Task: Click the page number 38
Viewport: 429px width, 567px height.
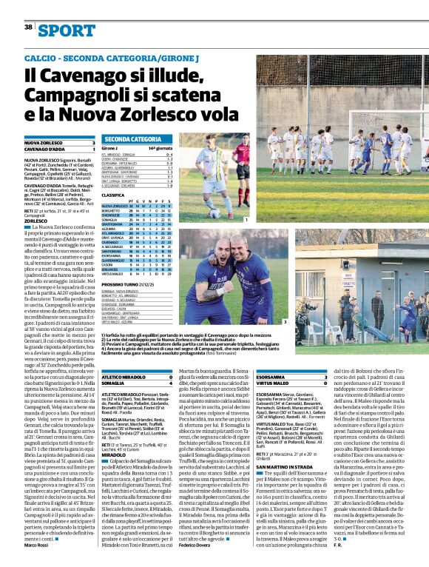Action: coord(29,27)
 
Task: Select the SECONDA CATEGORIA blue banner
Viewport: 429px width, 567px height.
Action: coord(133,139)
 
